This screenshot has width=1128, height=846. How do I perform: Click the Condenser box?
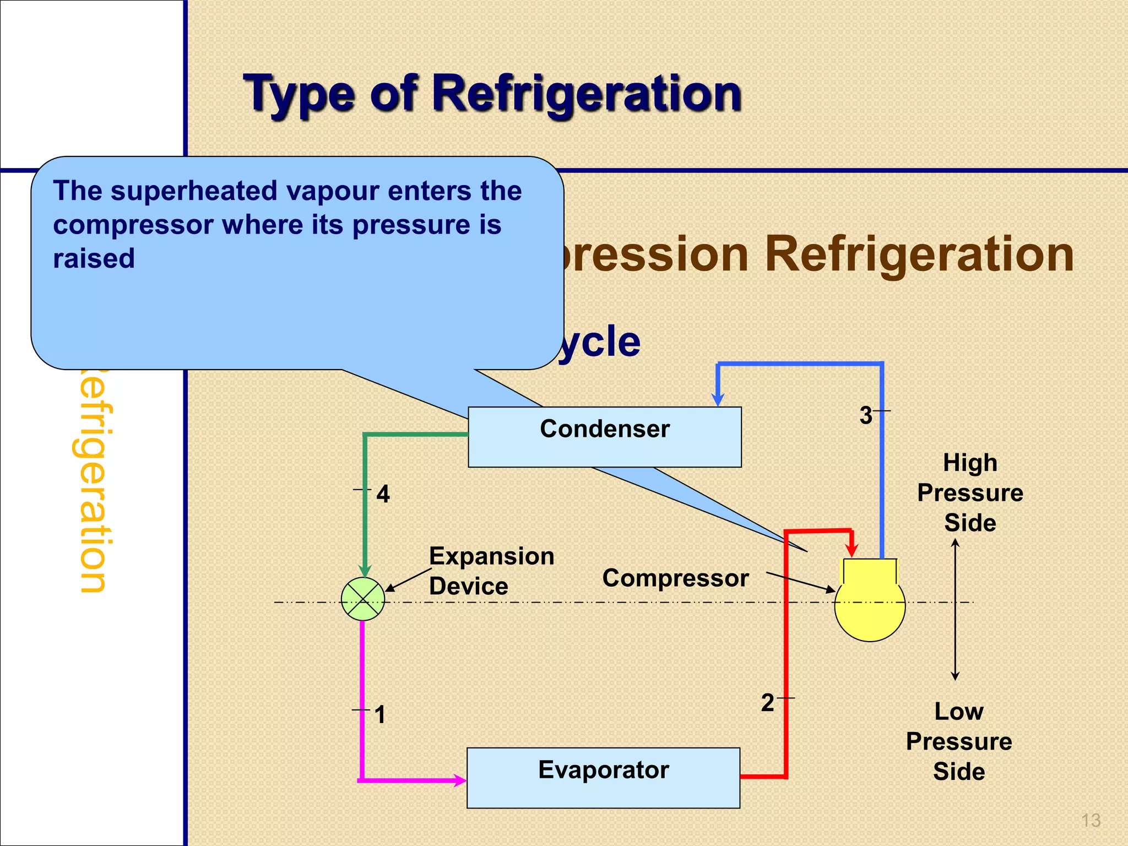click(604, 437)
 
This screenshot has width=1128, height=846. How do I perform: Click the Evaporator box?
click(603, 777)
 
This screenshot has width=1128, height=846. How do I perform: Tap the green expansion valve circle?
click(363, 599)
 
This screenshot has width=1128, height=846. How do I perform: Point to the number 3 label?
click(866, 415)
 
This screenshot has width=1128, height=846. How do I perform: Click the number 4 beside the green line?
click(383, 494)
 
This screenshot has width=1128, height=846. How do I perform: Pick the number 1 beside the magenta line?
click(379, 715)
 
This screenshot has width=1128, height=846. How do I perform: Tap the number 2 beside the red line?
click(767, 703)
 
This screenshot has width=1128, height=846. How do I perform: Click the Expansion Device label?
click(491, 571)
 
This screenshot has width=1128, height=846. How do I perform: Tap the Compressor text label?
click(675, 578)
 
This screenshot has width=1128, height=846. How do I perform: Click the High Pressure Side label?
click(970, 492)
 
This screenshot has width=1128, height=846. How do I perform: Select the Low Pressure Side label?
click(958, 741)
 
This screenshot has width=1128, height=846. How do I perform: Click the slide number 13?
click(1091, 820)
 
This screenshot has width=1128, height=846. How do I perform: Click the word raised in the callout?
click(94, 258)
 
